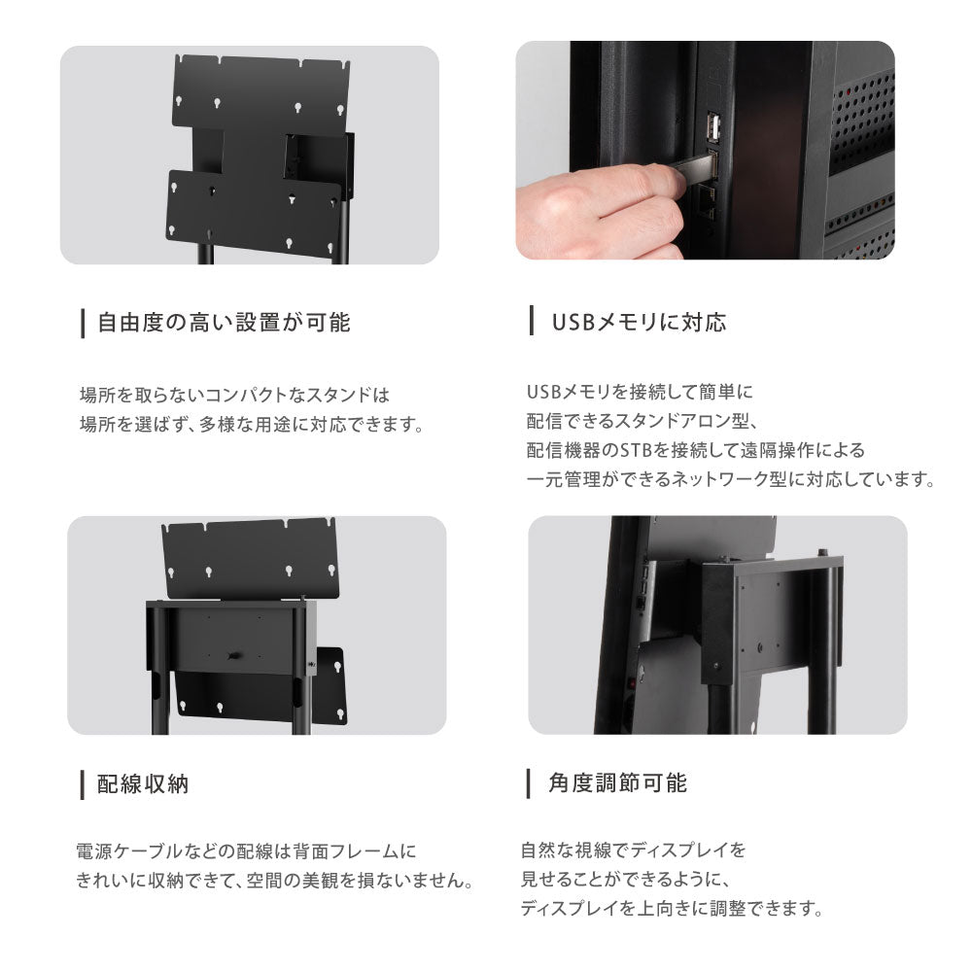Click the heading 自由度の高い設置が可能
point(224,323)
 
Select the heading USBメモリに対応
point(639,323)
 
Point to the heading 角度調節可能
point(617,782)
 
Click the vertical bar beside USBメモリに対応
point(532,322)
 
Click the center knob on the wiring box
point(232,657)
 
